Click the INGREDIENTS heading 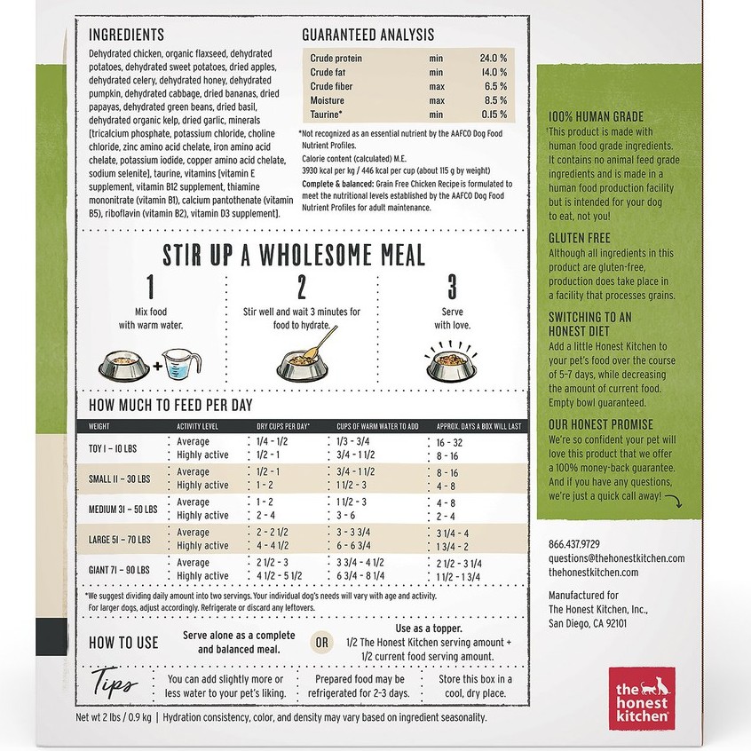(x=126, y=35)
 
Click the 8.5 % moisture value (x=494, y=100)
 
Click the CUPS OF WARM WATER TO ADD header (x=377, y=426)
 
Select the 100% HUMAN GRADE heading (x=596, y=116)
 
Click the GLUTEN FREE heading (x=578, y=238)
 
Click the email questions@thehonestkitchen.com (x=616, y=558)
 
